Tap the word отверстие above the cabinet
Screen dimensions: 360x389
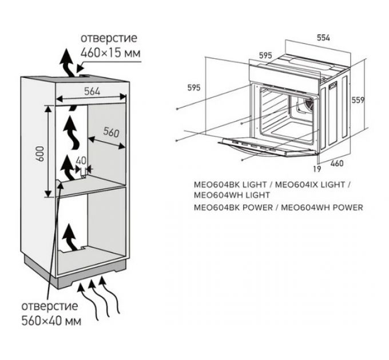tap(108, 38)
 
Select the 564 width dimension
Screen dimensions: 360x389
tap(92, 90)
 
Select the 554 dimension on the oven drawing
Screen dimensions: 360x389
tap(323, 38)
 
